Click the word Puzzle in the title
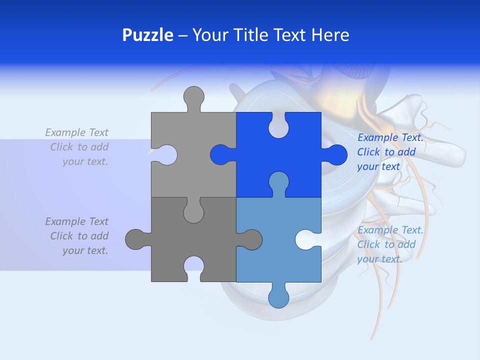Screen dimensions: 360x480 pyautogui.click(x=147, y=35)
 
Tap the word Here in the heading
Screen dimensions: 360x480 pyautogui.click(x=330, y=35)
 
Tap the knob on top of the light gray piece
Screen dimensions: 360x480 pyautogui.click(x=193, y=98)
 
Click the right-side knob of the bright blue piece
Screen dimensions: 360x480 pyautogui.click(x=335, y=154)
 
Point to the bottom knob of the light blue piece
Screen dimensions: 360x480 pyautogui.click(x=278, y=296)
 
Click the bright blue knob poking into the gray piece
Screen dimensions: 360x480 pyautogui.click(x=221, y=154)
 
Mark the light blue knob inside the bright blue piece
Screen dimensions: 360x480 pyautogui.click(x=278, y=183)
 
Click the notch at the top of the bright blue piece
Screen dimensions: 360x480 pyautogui.click(x=278, y=125)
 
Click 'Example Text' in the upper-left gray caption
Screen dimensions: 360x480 pyautogui.click(x=76, y=132)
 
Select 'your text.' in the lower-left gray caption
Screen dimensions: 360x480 pyautogui.click(x=85, y=250)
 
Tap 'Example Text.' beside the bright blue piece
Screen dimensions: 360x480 pyautogui.click(x=390, y=138)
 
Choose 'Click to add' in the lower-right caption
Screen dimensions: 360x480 pyautogui.click(x=386, y=244)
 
